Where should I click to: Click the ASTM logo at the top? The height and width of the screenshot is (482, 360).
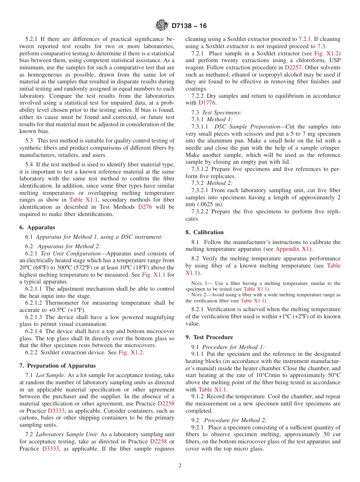pyautogui.click(x=162, y=26)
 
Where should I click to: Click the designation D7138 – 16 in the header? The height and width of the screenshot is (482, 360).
pyautogui.click(x=189, y=26)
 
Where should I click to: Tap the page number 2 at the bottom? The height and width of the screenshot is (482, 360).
pyautogui.click(x=180, y=466)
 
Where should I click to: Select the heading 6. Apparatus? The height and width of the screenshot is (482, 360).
pyautogui.click(x=37, y=227)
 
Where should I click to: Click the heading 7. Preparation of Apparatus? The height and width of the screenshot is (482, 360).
pyautogui.click(x=57, y=366)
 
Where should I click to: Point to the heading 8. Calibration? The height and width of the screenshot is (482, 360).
pyautogui.click(x=205, y=232)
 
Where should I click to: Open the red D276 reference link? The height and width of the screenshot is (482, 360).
pyautogui.click(x=145, y=207)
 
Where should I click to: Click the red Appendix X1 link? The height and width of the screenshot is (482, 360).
pyautogui.click(x=293, y=249)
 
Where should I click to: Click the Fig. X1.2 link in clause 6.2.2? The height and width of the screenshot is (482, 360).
pyautogui.click(x=131, y=352)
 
